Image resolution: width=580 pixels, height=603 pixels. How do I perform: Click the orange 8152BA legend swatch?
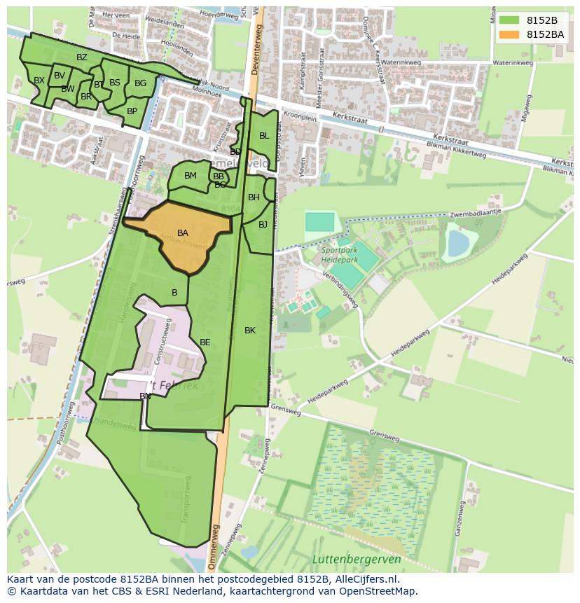[509, 34]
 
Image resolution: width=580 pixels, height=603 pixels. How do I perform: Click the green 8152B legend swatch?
[509, 20]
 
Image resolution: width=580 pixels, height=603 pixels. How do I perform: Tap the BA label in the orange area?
[183, 233]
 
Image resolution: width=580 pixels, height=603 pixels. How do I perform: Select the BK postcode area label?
[250, 331]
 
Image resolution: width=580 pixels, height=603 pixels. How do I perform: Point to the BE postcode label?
[205, 342]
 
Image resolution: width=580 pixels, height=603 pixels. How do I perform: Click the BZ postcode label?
[82, 57]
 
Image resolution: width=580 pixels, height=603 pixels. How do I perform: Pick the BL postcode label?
[264, 136]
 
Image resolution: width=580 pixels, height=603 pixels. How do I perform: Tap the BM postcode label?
[191, 176]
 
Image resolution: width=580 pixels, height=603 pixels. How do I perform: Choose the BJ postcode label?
[263, 225]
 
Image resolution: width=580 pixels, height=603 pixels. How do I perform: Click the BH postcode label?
[254, 197]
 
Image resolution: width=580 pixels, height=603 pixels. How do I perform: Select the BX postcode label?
[39, 81]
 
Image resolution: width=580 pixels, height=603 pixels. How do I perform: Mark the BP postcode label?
[132, 111]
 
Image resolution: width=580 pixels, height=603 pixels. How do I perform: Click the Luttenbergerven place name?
[357, 559]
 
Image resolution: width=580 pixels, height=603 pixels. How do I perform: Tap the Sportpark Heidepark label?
[340, 255]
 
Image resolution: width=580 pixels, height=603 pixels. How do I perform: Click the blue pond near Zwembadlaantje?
[458, 244]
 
